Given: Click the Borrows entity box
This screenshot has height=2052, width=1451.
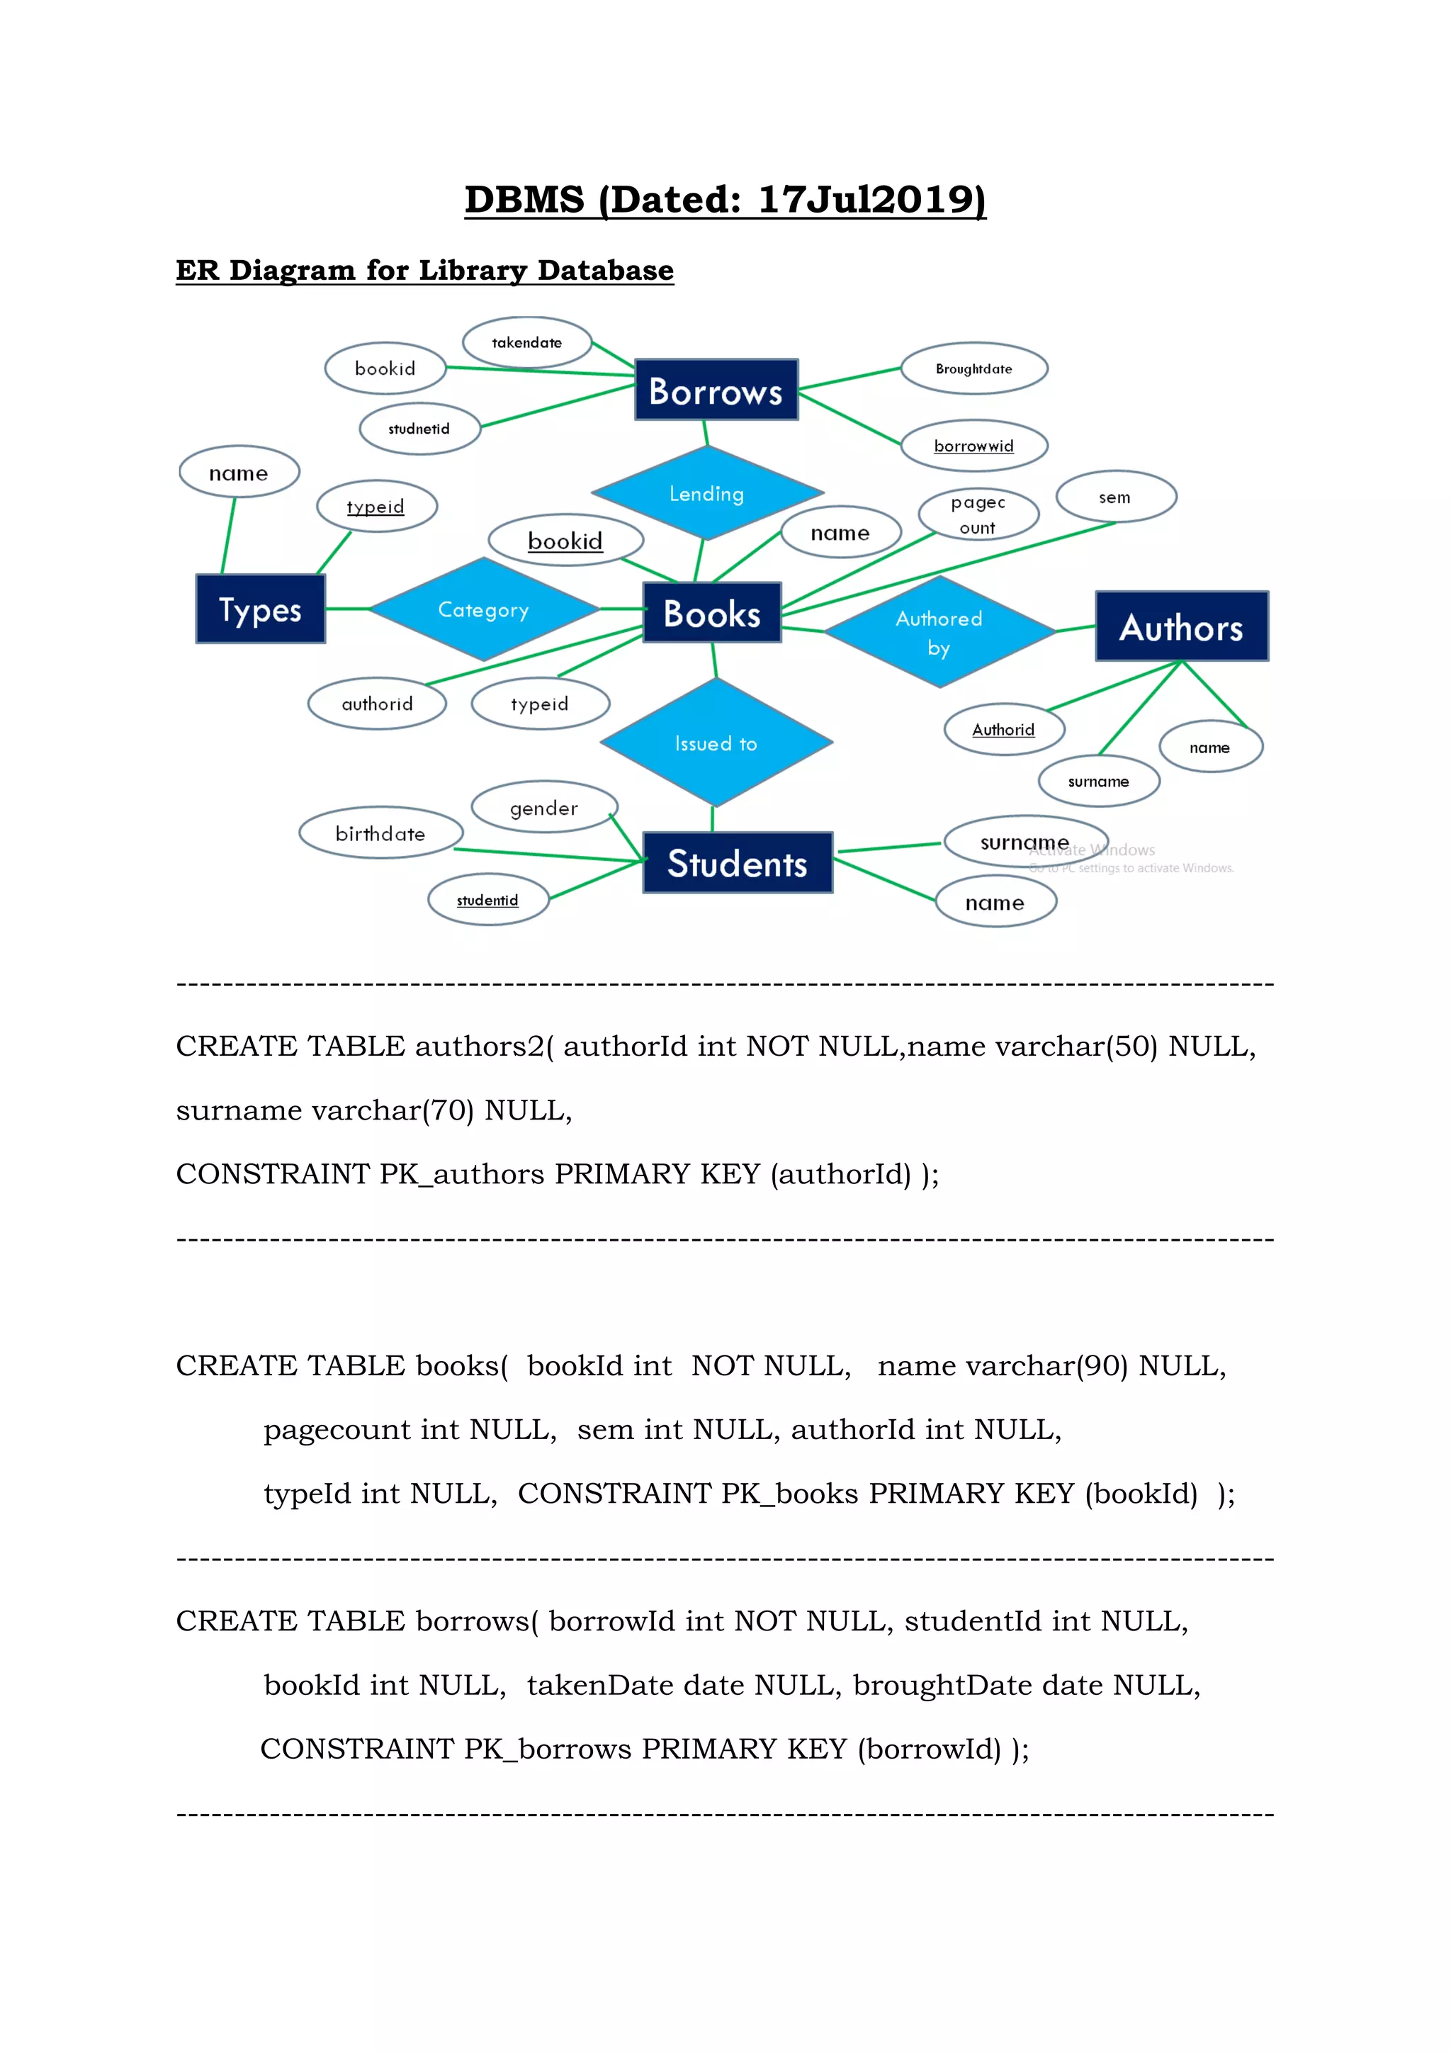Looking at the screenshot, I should click(716, 390).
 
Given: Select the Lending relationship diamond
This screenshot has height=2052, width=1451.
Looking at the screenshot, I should click(707, 493).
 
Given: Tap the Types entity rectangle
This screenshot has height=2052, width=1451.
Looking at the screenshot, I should click(260, 609).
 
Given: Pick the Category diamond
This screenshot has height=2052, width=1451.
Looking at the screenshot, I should click(483, 609).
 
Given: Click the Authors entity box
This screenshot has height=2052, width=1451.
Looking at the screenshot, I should click(1181, 626).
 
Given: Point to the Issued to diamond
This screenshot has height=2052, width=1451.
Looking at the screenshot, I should click(716, 743).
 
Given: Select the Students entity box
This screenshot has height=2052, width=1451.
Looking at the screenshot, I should click(737, 862).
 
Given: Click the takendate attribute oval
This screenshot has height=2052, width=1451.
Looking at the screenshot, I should click(526, 342).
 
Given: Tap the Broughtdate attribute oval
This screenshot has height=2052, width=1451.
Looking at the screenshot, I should click(974, 368).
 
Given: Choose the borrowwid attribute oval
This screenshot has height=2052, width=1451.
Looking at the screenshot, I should click(974, 445).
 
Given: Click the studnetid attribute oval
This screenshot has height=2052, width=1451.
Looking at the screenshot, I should click(419, 429).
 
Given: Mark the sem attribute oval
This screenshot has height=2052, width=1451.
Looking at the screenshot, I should click(1115, 497).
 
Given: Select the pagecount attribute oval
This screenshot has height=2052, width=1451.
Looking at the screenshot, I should click(978, 515).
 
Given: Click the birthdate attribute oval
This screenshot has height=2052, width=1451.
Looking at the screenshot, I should click(380, 833).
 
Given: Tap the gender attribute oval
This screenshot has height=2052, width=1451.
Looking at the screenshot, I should click(543, 808).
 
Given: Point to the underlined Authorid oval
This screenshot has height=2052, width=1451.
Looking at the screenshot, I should click(1003, 729).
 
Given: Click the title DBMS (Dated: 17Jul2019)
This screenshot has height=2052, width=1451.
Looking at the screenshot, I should click(725, 199).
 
